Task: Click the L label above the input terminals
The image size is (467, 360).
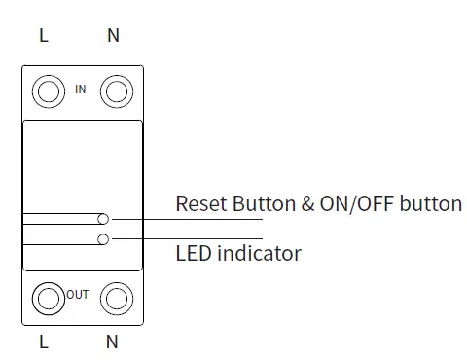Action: (43, 36)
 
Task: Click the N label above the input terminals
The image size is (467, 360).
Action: (113, 36)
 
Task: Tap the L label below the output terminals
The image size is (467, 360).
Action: (43, 342)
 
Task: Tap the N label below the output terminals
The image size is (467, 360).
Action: (113, 342)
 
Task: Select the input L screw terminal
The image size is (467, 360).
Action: (47, 92)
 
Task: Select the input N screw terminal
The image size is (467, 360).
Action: (117, 92)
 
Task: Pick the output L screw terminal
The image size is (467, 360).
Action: (47, 297)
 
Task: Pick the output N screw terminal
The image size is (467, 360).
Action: (117, 297)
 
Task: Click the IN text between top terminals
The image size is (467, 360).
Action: (81, 90)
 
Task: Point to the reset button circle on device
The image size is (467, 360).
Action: (103, 220)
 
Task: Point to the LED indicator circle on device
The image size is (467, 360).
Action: (103, 238)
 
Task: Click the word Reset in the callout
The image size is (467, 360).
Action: (200, 204)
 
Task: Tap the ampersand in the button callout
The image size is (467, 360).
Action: (306, 204)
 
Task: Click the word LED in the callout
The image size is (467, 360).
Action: (193, 254)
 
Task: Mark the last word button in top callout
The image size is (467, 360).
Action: (436, 204)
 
